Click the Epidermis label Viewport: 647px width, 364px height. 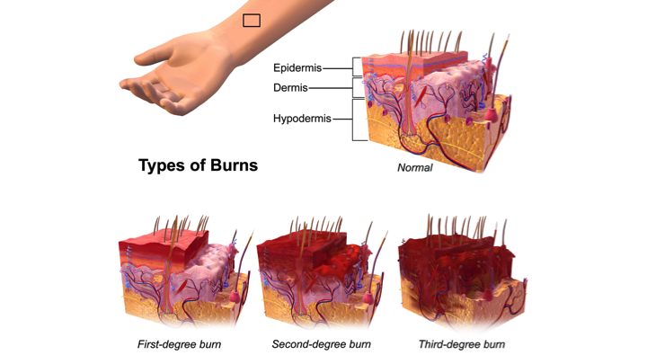click(x=297, y=67)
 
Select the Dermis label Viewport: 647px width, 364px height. click(x=290, y=88)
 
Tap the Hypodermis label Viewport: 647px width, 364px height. click(x=302, y=119)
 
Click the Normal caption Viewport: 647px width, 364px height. click(x=414, y=168)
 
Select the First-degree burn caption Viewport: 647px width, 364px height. click(x=179, y=344)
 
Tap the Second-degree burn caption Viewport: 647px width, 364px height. click(x=321, y=344)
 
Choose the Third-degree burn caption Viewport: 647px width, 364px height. click(x=461, y=344)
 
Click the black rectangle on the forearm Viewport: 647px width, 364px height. click(x=252, y=20)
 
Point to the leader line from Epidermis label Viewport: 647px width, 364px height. click(x=336, y=67)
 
